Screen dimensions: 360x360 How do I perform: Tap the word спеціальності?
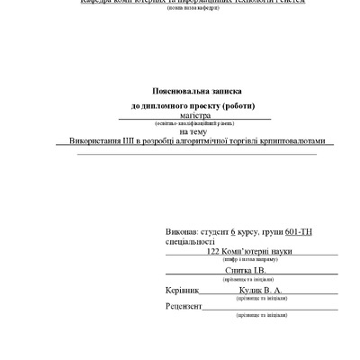click(x=190, y=241)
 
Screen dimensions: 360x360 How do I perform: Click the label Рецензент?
click(x=184, y=307)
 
